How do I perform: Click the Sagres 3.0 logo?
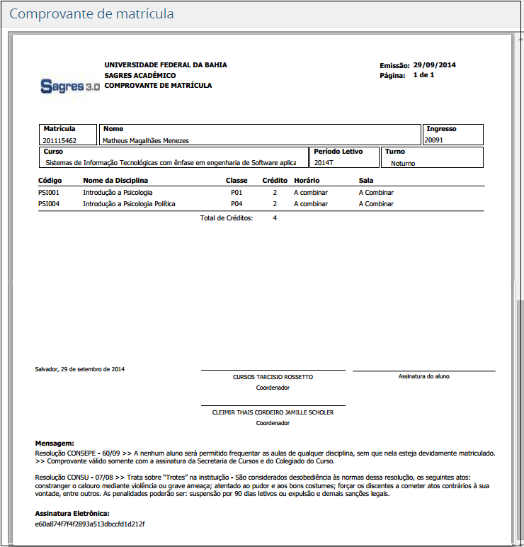pyautogui.click(x=70, y=86)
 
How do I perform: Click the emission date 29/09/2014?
pyautogui.click(x=435, y=65)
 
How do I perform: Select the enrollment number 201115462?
pyautogui.click(x=59, y=140)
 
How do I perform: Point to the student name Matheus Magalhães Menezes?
pyautogui.click(x=146, y=140)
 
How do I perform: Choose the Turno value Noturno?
pyautogui.click(x=403, y=163)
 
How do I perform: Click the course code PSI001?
pyautogui.click(x=48, y=193)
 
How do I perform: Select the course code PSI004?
pyautogui.click(x=48, y=204)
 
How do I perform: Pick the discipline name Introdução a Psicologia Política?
pyautogui.click(x=129, y=204)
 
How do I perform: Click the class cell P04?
pyautogui.click(x=237, y=204)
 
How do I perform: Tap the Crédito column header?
pyautogui.click(x=275, y=181)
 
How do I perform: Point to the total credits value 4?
pyautogui.click(x=275, y=218)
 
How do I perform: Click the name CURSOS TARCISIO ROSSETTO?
pyautogui.click(x=273, y=377)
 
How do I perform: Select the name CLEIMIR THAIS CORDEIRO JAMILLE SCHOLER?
pyautogui.click(x=273, y=412)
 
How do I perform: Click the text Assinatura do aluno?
pyautogui.click(x=423, y=376)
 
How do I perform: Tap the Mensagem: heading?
pyautogui.click(x=55, y=442)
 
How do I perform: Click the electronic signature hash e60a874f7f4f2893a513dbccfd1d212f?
pyautogui.click(x=89, y=524)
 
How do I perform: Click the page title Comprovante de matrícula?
pyautogui.click(x=91, y=14)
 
